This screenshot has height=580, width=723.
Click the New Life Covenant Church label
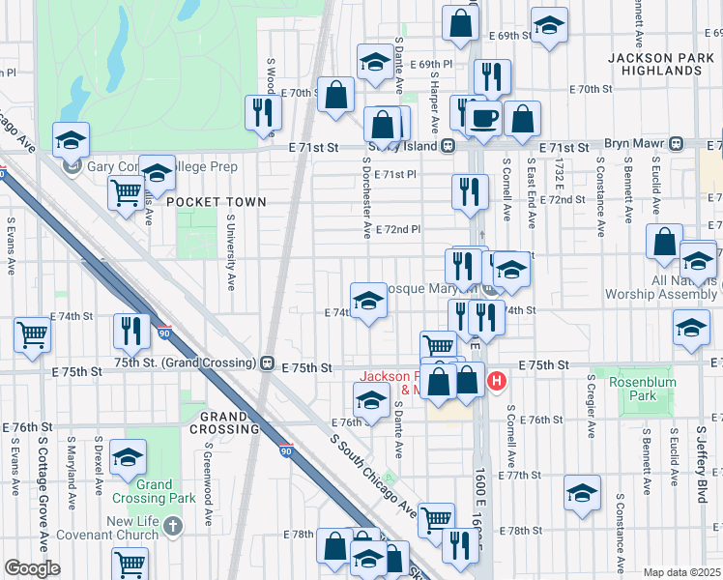tap(120, 528)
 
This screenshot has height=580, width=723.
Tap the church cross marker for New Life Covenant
tap(172, 528)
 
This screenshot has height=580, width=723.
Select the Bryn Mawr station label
tap(630, 143)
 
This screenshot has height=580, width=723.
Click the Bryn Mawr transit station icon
tap(678, 143)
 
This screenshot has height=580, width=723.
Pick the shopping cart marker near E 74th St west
tap(33, 334)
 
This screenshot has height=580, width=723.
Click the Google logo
tap(32, 568)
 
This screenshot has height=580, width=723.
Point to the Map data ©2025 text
tap(682, 572)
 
